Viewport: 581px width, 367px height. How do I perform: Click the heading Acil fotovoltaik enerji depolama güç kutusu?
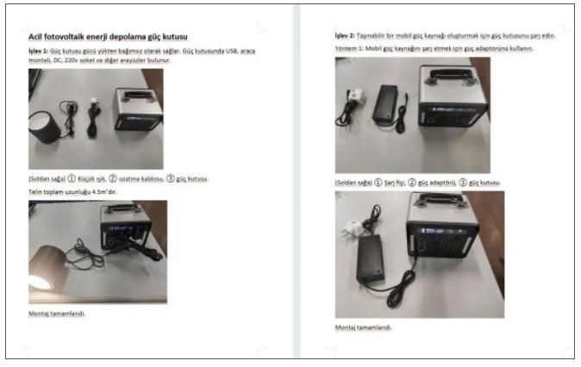(108, 37)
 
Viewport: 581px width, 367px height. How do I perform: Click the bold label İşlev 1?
(38, 51)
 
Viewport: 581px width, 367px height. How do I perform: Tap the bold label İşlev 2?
(345, 35)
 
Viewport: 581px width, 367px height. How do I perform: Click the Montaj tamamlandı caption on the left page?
(57, 314)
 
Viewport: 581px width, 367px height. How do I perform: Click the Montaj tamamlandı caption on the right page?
(363, 327)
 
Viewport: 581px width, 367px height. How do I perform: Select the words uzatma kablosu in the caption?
(141, 179)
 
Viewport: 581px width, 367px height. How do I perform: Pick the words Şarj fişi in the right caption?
(395, 183)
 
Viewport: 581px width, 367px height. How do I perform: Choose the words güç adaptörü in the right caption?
(437, 183)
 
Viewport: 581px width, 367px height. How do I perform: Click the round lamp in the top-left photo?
(44, 127)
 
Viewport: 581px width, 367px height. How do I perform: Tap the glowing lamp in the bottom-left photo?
(47, 269)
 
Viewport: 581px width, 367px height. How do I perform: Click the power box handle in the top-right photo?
(450, 76)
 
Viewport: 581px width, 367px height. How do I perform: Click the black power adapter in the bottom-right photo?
(370, 258)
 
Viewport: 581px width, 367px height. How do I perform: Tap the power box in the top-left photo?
(137, 109)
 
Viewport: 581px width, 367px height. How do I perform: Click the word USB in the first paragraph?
(231, 51)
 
